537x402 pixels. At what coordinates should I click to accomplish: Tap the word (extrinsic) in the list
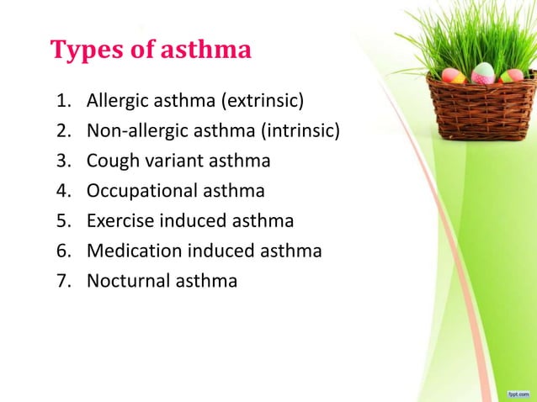(x=262, y=103)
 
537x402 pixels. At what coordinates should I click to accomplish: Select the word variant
(x=173, y=162)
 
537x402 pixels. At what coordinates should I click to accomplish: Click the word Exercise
(x=117, y=221)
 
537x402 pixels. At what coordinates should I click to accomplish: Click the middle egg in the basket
(x=483, y=73)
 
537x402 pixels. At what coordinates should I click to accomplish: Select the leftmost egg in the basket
(x=454, y=76)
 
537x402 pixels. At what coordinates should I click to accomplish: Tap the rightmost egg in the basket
(x=511, y=76)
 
